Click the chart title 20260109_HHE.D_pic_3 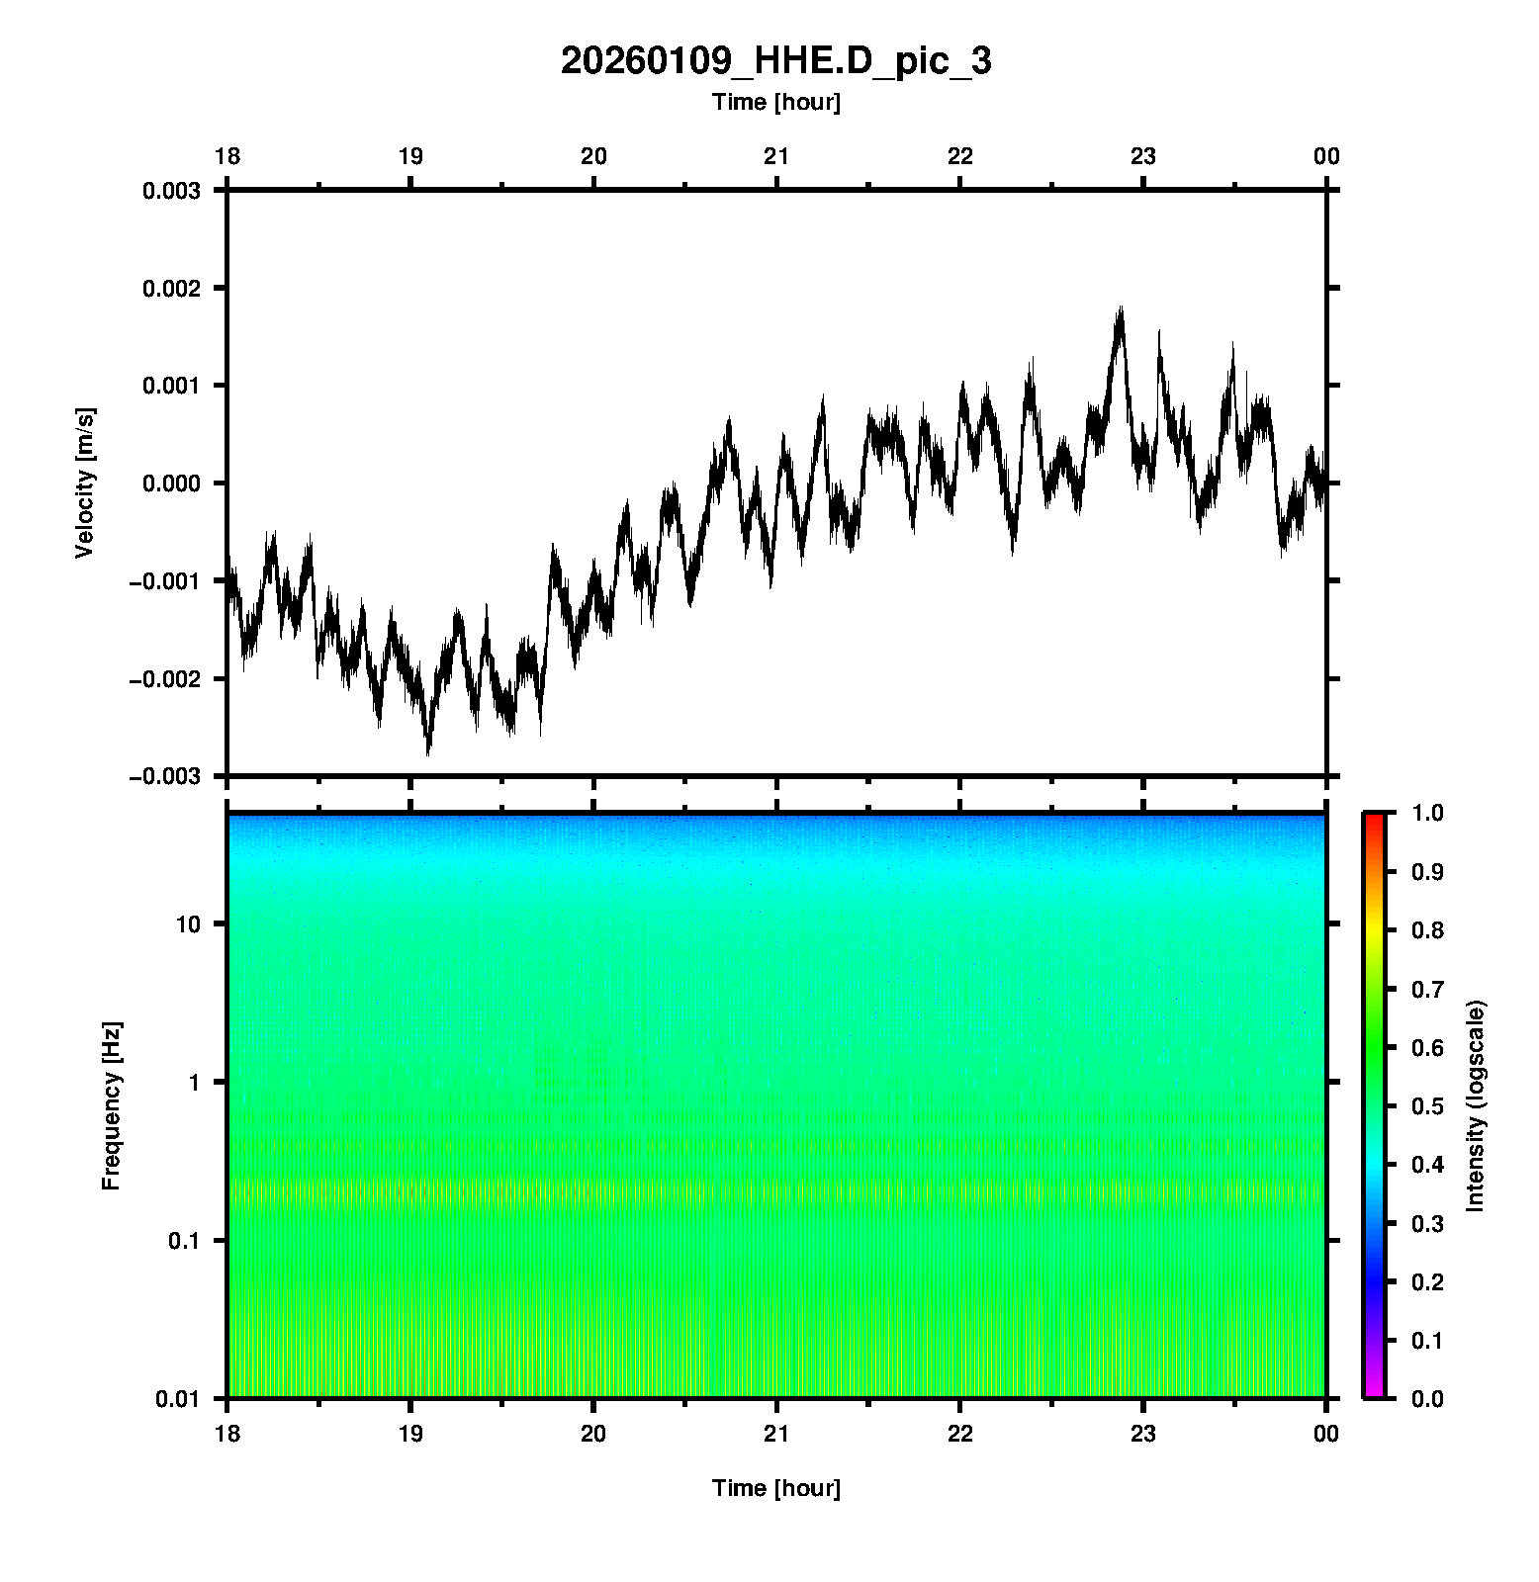pyautogui.click(x=775, y=61)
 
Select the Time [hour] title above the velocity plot pyautogui.click(x=775, y=102)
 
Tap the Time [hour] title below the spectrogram pyautogui.click(x=775, y=1488)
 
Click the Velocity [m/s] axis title pyautogui.click(x=85, y=483)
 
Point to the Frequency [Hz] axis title pyautogui.click(x=111, y=1105)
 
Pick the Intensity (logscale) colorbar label pyautogui.click(x=1476, y=1105)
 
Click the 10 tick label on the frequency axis pyautogui.click(x=188, y=924)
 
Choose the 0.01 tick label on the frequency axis pyautogui.click(x=178, y=1398)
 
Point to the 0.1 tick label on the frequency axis pyautogui.click(x=183, y=1240)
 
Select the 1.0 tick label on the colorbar pyautogui.click(x=1429, y=813)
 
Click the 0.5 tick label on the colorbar pyautogui.click(x=1429, y=1105)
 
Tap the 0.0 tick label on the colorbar pyautogui.click(x=1429, y=1398)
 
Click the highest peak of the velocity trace pyautogui.click(x=1121, y=308)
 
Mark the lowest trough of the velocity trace pyautogui.click(x=428, y=753)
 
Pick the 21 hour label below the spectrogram pyautogui.click(x=776, y=1434)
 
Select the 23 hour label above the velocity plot pyautogui.click(x=1143, y=156)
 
